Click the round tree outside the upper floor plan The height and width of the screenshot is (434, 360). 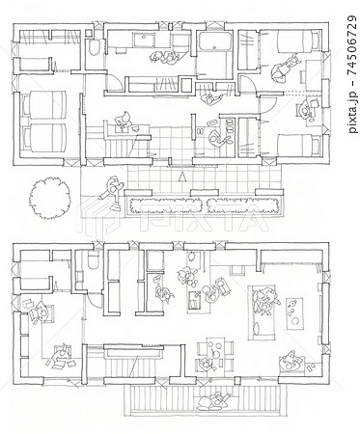click(x=49, y=199)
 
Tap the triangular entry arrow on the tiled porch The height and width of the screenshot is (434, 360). click(x=182, y=176)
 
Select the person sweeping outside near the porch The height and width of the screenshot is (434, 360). click(x=112, y=192)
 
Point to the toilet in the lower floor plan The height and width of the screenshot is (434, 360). click(x=94, y=260)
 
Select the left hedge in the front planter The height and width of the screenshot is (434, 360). click(x=166, y=205)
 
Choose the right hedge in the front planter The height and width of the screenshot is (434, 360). click(x=242, y=204)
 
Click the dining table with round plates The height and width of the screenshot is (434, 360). click(x=215, y=354)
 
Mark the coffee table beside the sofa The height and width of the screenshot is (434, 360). click(x=294, y=313)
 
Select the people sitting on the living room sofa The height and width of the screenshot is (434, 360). click(x=264, y=301)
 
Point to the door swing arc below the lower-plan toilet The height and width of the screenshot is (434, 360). click(x=95, y=301)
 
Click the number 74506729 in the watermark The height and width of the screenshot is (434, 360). click(x=353, y=44)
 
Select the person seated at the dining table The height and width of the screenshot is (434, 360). click(x=204, y=364)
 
